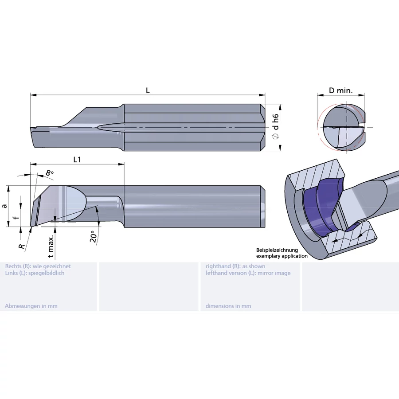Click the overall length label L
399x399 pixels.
click(x=148, y=90)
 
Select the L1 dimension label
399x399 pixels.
click(x=77, y=160)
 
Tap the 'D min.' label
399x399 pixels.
click(x=340, y=90)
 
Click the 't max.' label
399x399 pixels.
click(x=51, y=246)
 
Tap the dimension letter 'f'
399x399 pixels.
click(x=16, y=218)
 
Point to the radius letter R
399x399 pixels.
click(x=20, y=245)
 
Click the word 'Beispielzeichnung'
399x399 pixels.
click(x=277, y=250)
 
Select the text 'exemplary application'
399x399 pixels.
click(x=282, y=256)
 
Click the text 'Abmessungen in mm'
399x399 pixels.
click(x=31, y=306)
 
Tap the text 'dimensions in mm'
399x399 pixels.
click(x=228, y=306)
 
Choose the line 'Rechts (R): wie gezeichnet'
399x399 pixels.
click(x=38, y=266)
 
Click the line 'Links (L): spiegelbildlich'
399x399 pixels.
click(x=35, y=273)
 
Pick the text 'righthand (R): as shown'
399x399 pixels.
click(x=235, y=266)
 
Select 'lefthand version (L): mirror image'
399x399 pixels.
click(x=248, y=273)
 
